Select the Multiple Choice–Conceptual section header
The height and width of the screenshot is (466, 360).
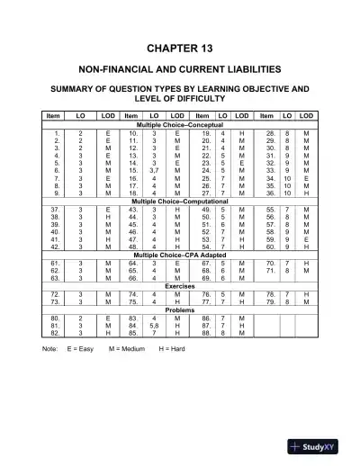point(180,124)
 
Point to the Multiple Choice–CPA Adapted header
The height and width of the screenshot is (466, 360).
point(180,255)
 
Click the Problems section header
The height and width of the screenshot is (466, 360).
point(180,310)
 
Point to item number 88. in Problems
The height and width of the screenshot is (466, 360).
point(206,333)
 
